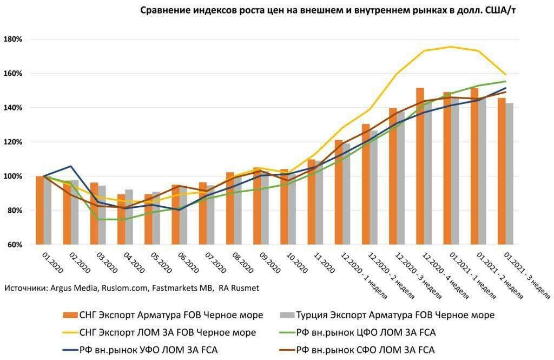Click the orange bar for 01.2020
click(39, 211)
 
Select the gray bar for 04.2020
click(129, 217)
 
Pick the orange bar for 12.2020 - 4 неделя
click(420, 166)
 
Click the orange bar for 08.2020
click(229, 208)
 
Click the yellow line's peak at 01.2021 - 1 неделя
click(450, 47)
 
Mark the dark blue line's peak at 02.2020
click(71, 166)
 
